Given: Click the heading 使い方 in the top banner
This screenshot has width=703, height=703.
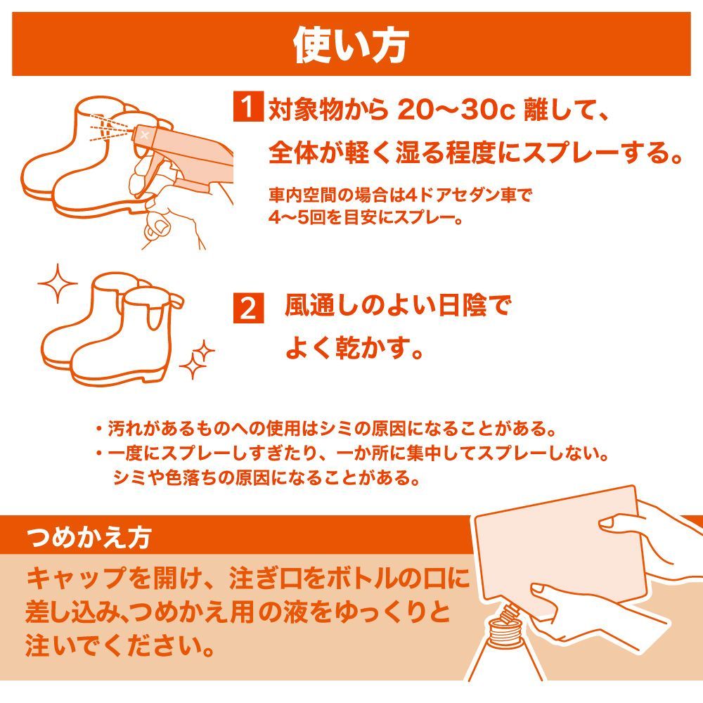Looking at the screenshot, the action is (351, 45).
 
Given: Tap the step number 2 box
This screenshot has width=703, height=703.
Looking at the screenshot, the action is (248, 308).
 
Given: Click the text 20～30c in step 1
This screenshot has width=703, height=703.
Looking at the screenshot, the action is (456, 110).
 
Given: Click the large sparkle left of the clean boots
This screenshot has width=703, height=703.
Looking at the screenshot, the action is (58, 283).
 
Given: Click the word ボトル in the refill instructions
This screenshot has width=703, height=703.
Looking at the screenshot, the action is (361, 579).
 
